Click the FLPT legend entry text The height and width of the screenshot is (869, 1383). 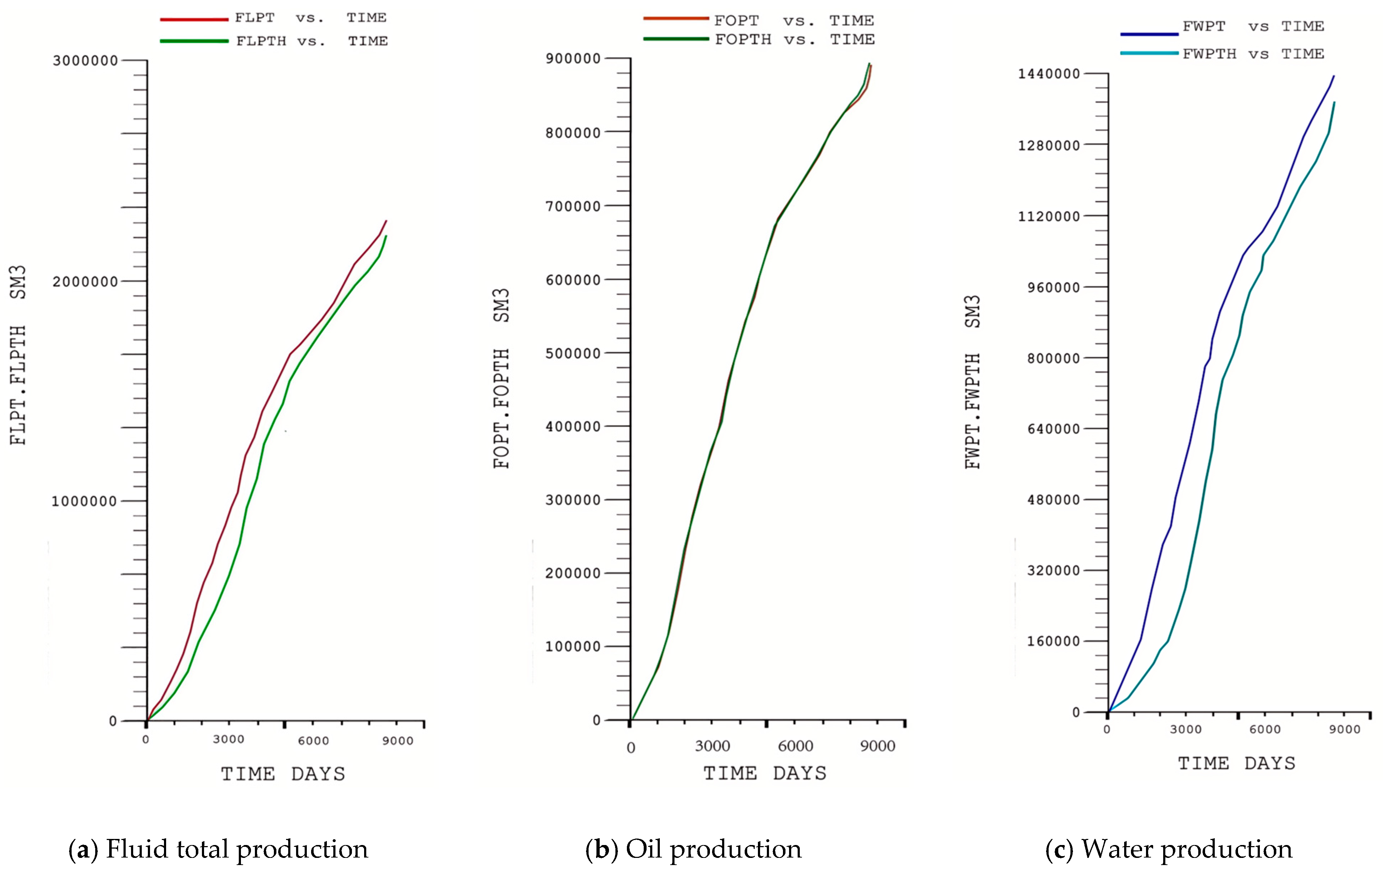(x=310, y=18)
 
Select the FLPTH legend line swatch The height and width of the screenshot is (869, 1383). (x=194, y=41)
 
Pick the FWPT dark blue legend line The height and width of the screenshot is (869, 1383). (x=1149, y=34)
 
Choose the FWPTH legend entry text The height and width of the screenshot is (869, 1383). (x=1253, y=54)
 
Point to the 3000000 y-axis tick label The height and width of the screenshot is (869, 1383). (x=85, y=61)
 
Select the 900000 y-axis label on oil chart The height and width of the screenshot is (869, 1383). (x=572, y=59)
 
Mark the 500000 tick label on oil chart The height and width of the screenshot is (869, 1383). (x=572, y=354)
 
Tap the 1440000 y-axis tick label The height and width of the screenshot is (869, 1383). (x=1049, y=74)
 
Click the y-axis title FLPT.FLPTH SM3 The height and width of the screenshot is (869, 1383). (x=18, y=355)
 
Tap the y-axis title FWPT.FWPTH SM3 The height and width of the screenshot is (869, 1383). (x=972, y=382)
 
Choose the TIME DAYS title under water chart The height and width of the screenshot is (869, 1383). (x=1237, y=763)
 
